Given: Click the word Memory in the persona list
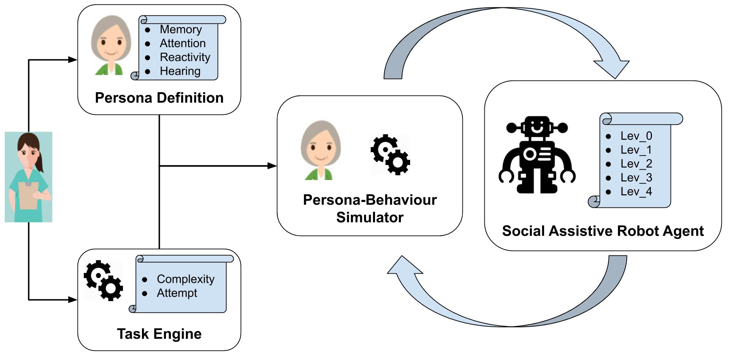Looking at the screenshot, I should tap(180, 29).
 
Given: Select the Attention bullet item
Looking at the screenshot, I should tap(182, 43).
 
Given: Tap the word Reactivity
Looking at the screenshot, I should tap(185, 57).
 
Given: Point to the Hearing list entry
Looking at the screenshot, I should tap(180, 71).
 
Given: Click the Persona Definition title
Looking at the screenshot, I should tap(159, 98).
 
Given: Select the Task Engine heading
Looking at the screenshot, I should tap(159, 334).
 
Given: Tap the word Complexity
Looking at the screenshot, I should tap(185, 279).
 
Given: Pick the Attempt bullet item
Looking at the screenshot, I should tap(177, 293).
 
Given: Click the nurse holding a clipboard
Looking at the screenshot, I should tap(29, 177).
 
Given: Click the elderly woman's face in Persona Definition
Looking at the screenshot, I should tap(111, 42).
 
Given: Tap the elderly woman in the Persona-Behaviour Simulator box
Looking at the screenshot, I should tap(321, 150).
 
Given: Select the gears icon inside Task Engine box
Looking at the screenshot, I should tap(104, 281).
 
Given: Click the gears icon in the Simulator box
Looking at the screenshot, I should tap(390, 155).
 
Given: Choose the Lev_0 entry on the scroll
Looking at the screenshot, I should tap(636, 136).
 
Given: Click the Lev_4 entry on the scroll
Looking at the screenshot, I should tap(636, 192).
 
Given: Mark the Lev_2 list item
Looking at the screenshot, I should tap(636, 164).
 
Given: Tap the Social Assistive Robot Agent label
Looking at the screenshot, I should tap(603, 231).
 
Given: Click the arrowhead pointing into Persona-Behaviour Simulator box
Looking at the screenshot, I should tap(272, 166).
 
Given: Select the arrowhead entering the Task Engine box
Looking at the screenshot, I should tap(73, 300).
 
